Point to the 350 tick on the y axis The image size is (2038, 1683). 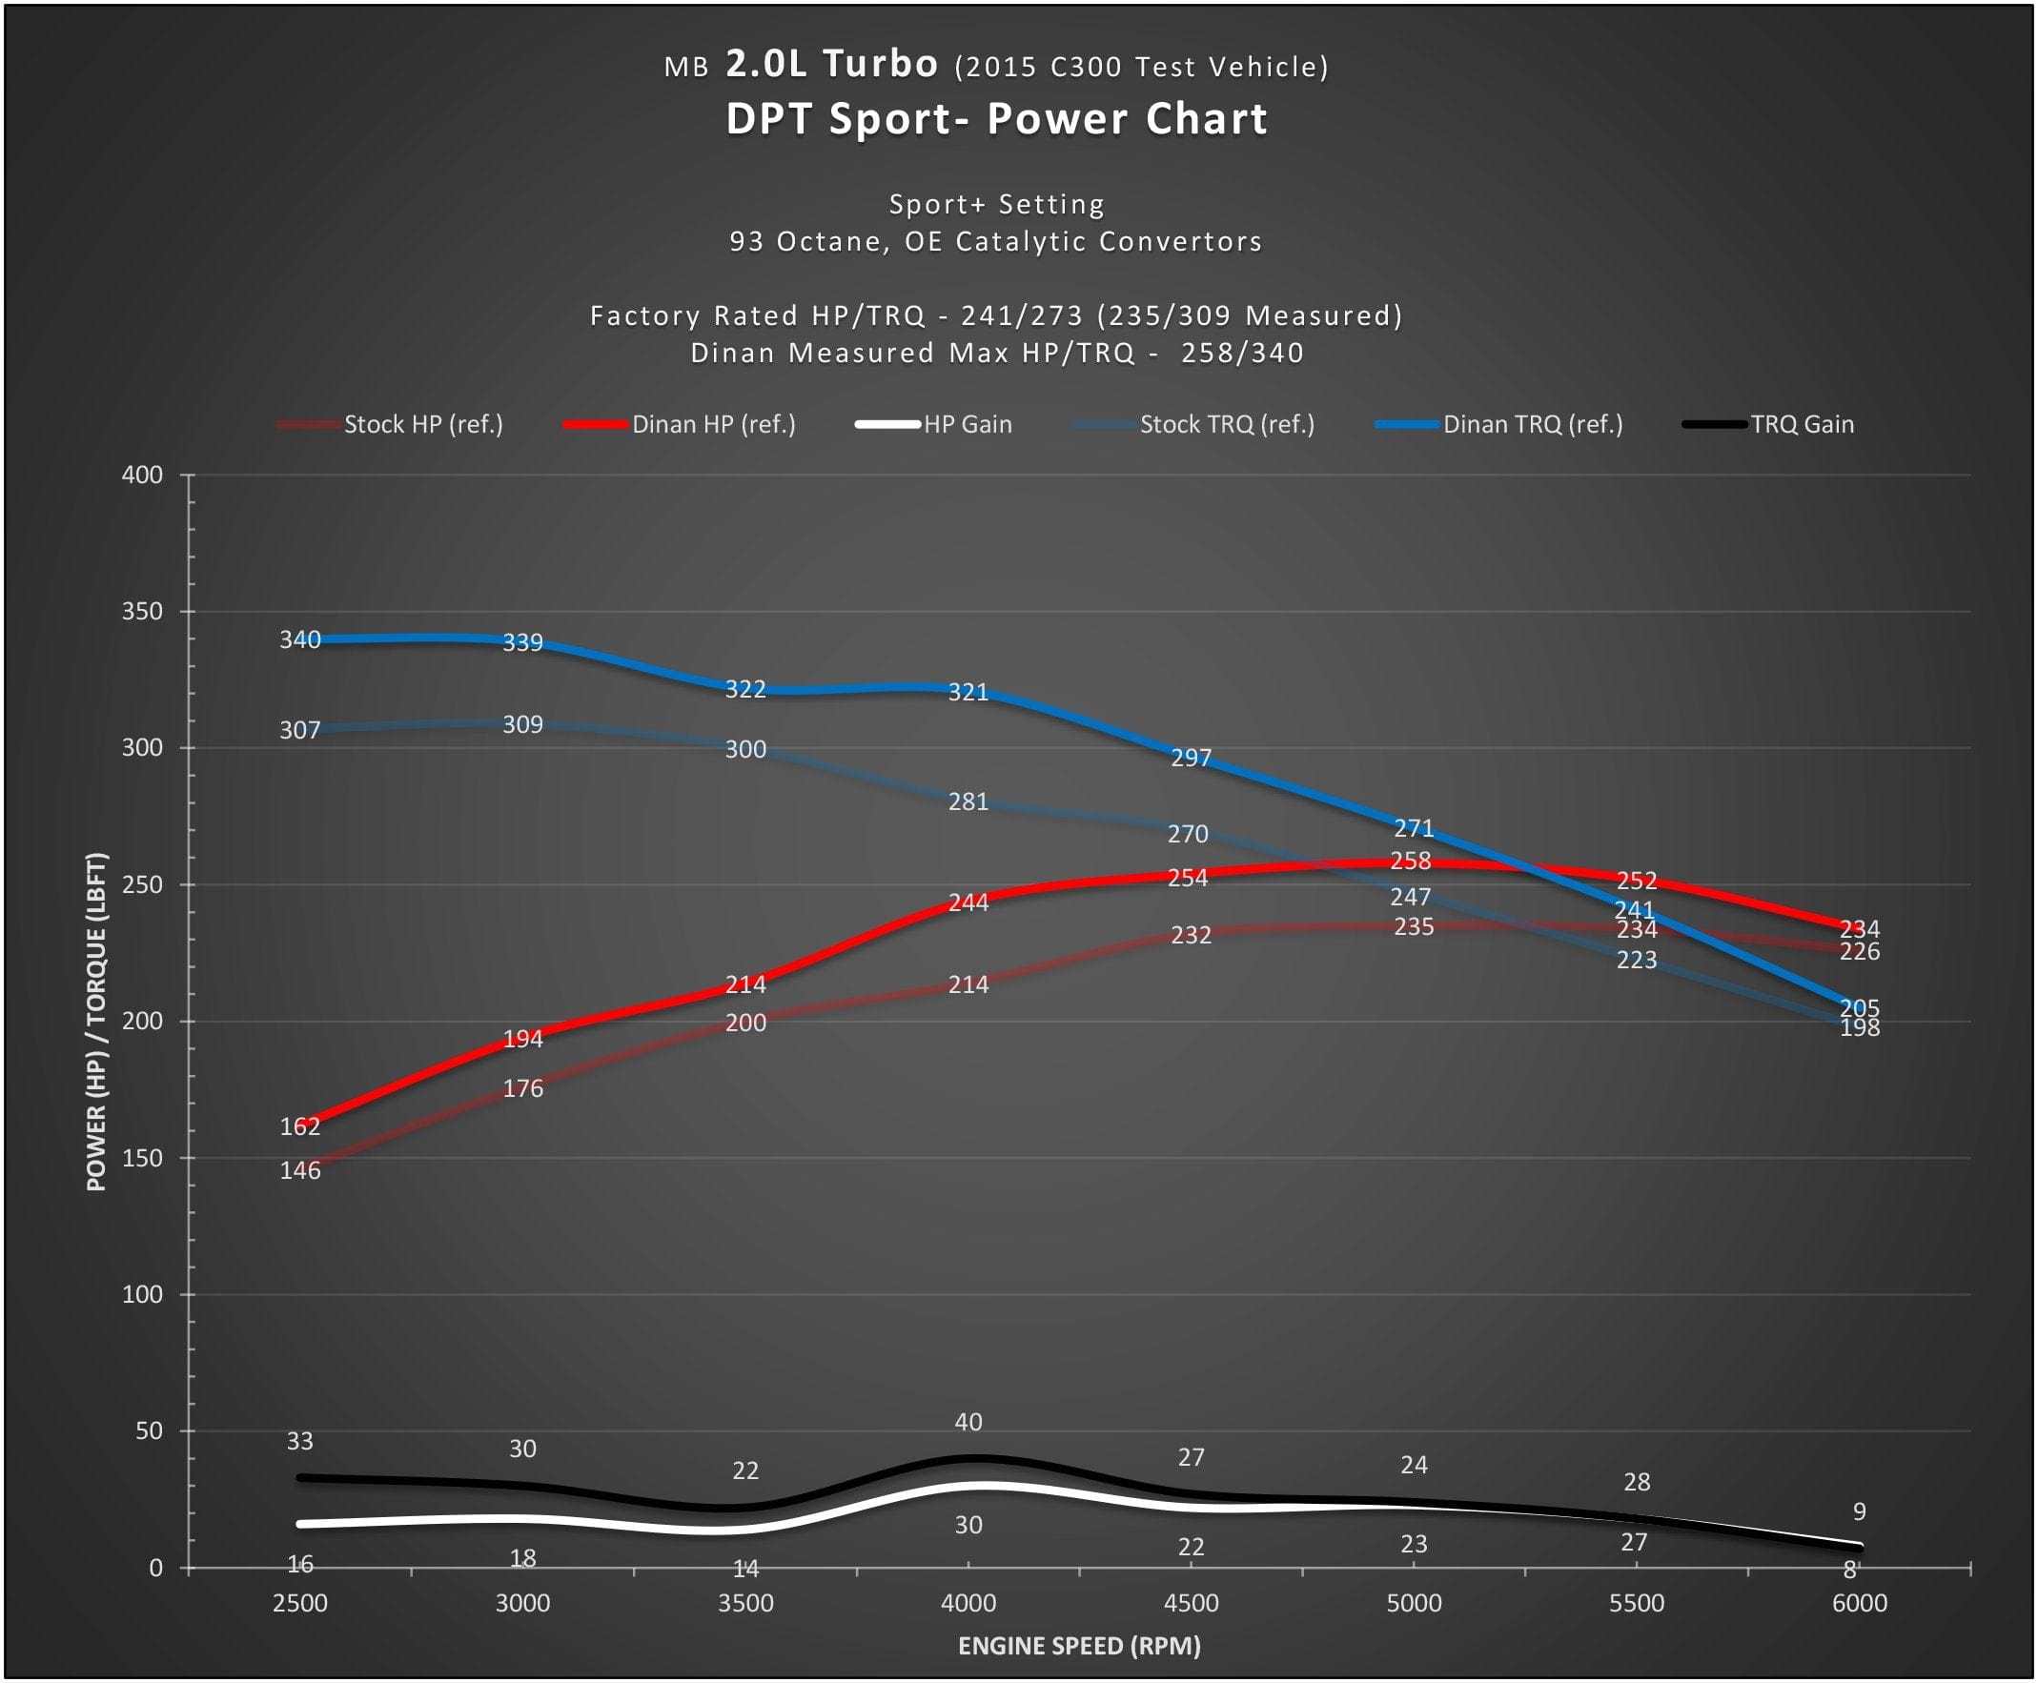(x=143, y=612)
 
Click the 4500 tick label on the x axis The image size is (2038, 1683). (x=1191, y=1604)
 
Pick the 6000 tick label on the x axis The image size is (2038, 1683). (x=1859, y=1604)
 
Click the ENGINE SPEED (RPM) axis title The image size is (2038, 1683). (x=1079, y=1646)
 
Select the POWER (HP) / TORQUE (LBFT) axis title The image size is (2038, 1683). (x=96, y=1022)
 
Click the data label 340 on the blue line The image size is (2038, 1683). (x=299, y=639)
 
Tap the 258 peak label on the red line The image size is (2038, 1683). (x=1410, y=861)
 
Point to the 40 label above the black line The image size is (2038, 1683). (x=968, y=1422)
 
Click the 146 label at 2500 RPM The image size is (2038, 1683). (x=299, y=1171)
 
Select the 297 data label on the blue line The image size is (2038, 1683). (x=1191, y=759)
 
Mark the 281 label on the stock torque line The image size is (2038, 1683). (x=968, y=802)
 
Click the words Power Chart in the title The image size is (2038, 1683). (x=1127, y=119)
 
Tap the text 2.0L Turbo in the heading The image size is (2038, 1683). (x=832, y=64)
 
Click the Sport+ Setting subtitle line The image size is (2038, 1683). (x=997, y=205)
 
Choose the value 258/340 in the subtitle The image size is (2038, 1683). (x=1242, y=353)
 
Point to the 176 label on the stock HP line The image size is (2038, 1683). (x=522, y=1088)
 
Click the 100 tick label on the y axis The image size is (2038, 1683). (x=143, y=1294)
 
